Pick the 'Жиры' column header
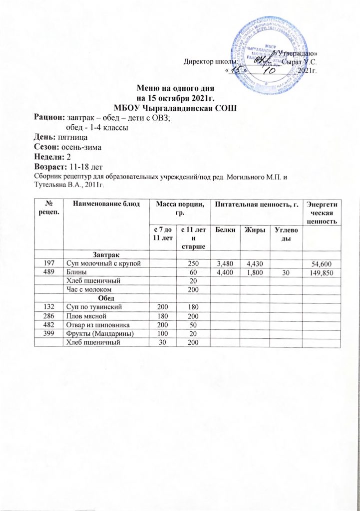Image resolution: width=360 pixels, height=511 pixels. [x=253, y=231]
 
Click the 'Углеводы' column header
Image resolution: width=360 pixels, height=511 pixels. [x=284, y=235]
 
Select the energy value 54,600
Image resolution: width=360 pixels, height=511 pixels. [x=324, y=263]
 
